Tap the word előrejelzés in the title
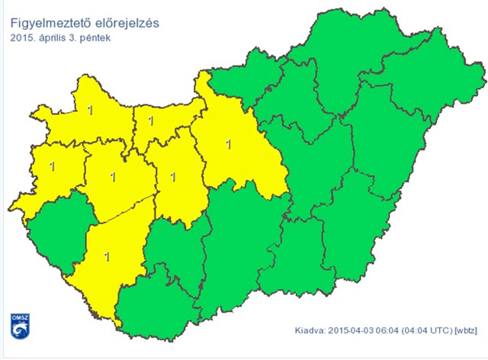(127, 22)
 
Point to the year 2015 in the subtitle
(23, 37)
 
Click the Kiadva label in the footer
(309, 331)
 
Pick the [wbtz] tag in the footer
(466, 331)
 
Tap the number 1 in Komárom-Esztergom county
(150, 121)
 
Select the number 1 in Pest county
(229, 143)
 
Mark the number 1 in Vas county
(51, 165)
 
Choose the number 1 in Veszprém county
(113, 177)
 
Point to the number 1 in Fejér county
(173, 177)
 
